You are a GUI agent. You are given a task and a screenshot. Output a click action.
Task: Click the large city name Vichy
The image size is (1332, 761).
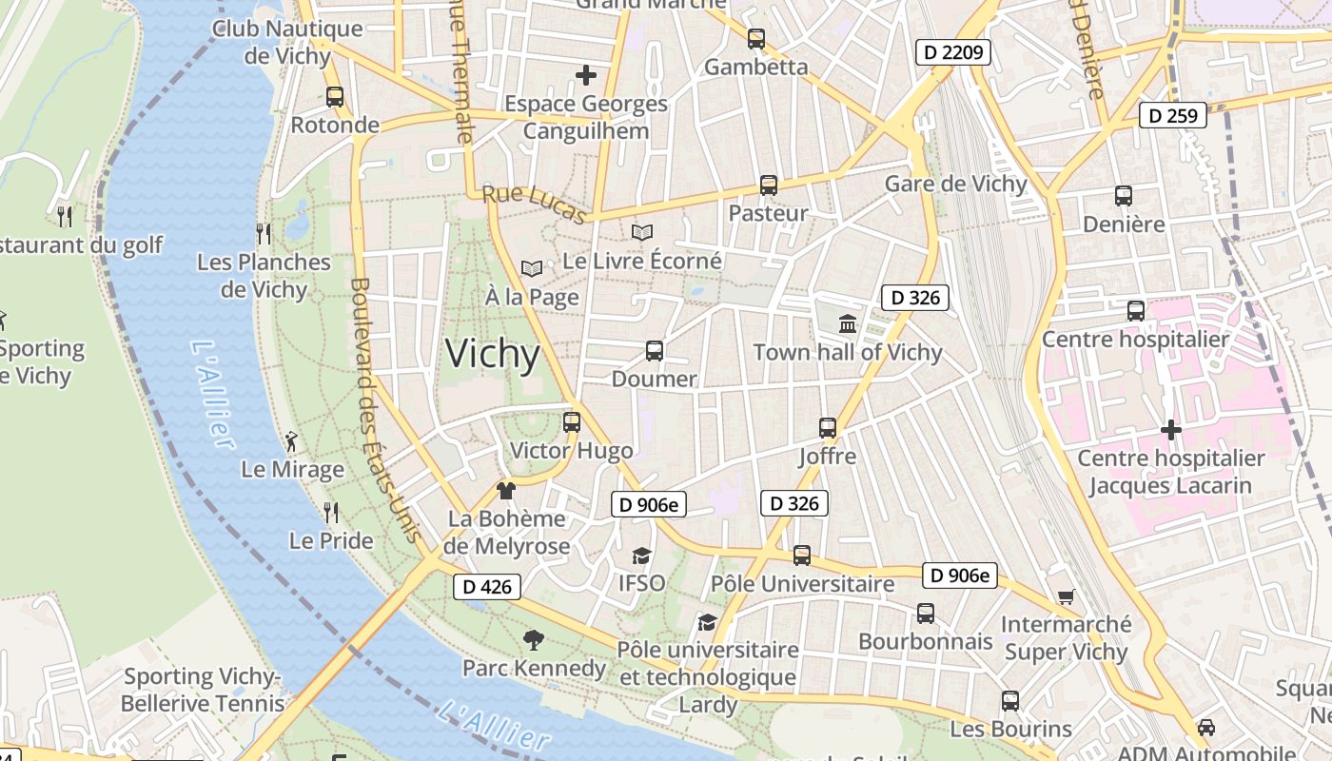tap(493, 354)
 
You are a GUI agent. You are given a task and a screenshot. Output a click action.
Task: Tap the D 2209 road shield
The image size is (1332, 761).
tap(953, 52)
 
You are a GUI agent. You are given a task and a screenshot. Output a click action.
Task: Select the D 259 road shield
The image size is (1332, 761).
tap(1173, 116)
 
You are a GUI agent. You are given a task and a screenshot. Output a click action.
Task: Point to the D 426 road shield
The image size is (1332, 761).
tap(487, 587)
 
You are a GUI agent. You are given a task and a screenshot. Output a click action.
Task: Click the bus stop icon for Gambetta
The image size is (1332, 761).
tap(756, 39)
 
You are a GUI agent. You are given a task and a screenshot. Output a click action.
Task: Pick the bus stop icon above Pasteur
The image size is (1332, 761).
tap(769, 185)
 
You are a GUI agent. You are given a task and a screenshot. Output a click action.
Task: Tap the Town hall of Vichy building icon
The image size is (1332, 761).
tap(848, 324)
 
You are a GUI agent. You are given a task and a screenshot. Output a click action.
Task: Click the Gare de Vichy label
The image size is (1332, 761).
tap(955, 184)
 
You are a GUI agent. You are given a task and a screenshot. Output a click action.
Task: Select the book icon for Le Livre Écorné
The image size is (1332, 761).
tap(642, 232)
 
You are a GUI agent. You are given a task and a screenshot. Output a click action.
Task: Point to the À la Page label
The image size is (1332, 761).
tap(532, 298)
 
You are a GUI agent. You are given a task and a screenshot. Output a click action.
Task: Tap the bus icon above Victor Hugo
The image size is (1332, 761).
tap(572, 421)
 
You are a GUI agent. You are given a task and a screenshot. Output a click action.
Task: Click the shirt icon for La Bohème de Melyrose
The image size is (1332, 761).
tap(506, 491)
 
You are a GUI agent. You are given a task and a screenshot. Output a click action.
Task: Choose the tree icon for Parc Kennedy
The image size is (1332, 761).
tap(534, 640)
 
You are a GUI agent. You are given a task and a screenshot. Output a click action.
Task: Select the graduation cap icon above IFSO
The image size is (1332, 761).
tap(642, 556)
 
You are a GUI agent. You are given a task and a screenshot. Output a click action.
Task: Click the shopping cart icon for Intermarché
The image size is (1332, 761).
tap(1066, 597)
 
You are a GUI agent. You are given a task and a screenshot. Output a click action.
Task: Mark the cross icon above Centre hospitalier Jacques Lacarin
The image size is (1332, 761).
tap(1171, 430)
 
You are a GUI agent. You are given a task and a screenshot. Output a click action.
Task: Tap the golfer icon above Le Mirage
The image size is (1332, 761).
tap(291, 441)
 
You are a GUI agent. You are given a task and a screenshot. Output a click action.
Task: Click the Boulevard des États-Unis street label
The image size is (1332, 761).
tap(385, 409)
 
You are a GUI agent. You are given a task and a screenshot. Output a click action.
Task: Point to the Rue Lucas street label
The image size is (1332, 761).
tap(534, 205)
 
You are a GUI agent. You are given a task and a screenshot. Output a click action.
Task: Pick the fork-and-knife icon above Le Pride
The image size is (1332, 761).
tap(331, 513)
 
